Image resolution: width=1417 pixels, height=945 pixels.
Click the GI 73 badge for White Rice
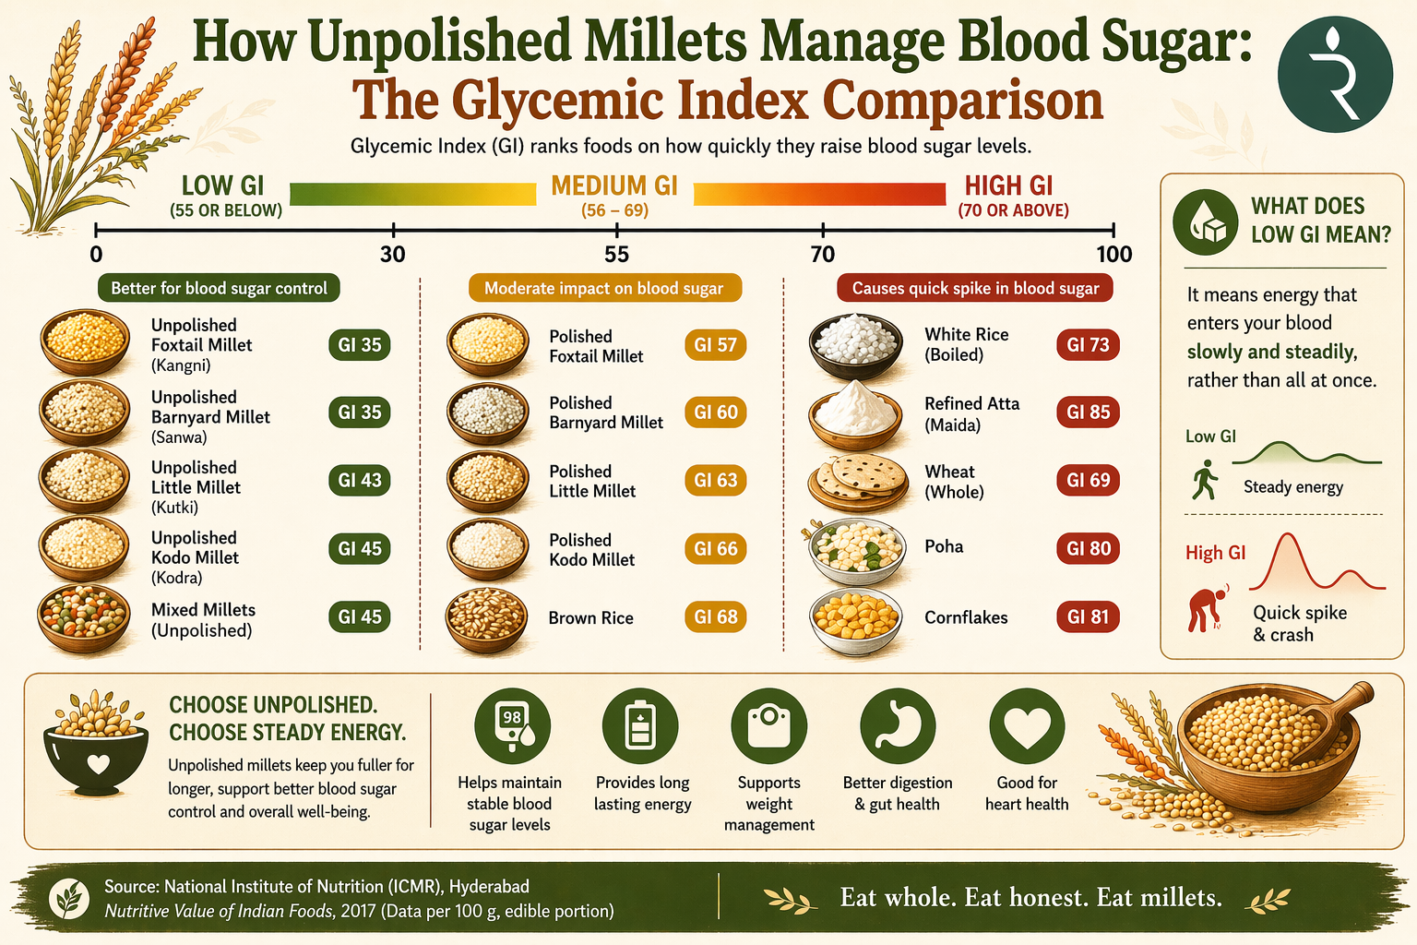(1088, 345)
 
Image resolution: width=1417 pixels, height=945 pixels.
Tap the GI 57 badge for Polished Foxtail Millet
(715, 345)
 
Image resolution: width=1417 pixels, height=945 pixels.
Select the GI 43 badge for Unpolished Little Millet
(359, 480)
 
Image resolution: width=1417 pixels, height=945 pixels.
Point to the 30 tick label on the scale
(393, 255)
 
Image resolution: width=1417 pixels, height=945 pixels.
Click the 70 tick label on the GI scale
(822, 255)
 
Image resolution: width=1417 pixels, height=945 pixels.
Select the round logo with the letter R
(1334, 75)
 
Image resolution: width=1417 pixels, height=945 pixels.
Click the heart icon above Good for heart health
(1026, 726)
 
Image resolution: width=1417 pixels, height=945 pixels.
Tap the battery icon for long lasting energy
(640, 726)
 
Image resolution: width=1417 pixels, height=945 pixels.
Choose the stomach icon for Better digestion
(897, 726)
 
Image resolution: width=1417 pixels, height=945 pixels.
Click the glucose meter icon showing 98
(512, 726)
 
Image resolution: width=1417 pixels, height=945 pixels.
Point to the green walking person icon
(1203, 481)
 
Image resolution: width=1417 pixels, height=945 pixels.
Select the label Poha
(944, 546)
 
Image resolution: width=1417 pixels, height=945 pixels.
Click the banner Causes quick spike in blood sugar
(975, 288)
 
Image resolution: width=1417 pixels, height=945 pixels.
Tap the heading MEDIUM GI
(614, 186)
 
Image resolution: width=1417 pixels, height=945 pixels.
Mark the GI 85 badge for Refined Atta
(1088, 413)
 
